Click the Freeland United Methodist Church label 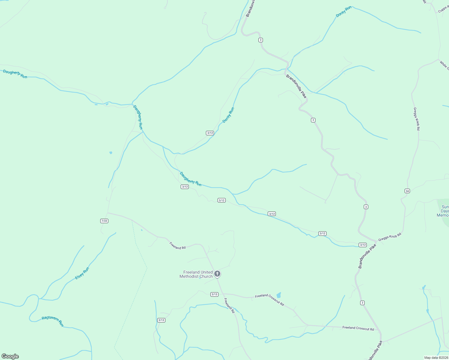click(x=196, y=274)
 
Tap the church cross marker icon click(x=217, y=274)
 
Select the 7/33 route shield click(x=104, y=221)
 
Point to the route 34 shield click(x=407, y=191)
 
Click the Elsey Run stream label click(x=82, y=273)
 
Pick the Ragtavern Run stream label click(x=53, y=321)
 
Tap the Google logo click(x=10, y=356)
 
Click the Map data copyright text click(x=436, y=358)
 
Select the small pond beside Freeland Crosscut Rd click(x=279, y=295)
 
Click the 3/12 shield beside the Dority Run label click(x=210, y=133)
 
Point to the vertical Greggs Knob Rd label click(x=416, y=119)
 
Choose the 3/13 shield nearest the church click(x=214, y=294)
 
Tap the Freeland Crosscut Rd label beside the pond click(x=269, y=300)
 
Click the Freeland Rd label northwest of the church click(x=177, y=246)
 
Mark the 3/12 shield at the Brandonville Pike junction click(x=363, y=245)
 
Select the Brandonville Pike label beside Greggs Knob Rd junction click(x=367, y=256)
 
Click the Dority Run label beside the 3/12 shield click(x=228, y=115)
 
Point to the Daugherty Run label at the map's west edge click(x=15, y=74)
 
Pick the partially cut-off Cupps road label click(x=443, y=9)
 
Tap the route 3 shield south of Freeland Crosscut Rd click(x=363, y=303)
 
